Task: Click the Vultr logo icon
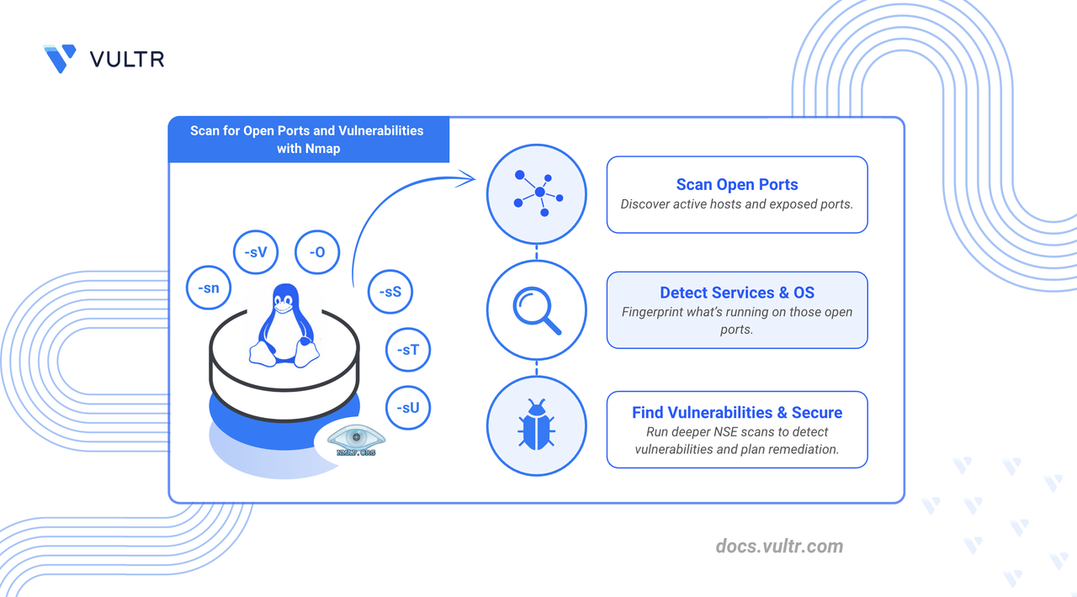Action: pyautogui.click(x=60, y=58)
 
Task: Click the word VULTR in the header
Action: pyautogui.click(x=126, y=59)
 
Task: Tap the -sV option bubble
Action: pyautogui.click(x=255, y=251)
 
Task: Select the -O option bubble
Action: pyautogui.click(x=317, y=251)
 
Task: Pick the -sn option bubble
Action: pyautogui.click(x=208, y=288)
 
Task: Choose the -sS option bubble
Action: pyautogui.click(x=390, y=293)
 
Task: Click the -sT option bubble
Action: pyautogui.click(x=408, y=349)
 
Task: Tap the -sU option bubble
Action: pyautogui.click(x=408, y=409)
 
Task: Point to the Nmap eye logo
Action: pyautogui.click(x=355, y=439)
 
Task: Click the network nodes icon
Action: pyautogui.click(x=537, y=194)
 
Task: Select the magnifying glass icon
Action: pyautogui.click(x=537, y=310)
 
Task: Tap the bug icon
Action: pyautogui.click(x=536, y=425)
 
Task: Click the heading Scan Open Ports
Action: pyautogui.click(x=737, y=185)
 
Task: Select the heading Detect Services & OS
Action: pyautogui.click(x=737, y=293)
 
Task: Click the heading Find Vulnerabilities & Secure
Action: pyautogui.click(x=737, y=412)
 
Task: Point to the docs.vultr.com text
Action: pyautogui.click(x=778, y=547)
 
